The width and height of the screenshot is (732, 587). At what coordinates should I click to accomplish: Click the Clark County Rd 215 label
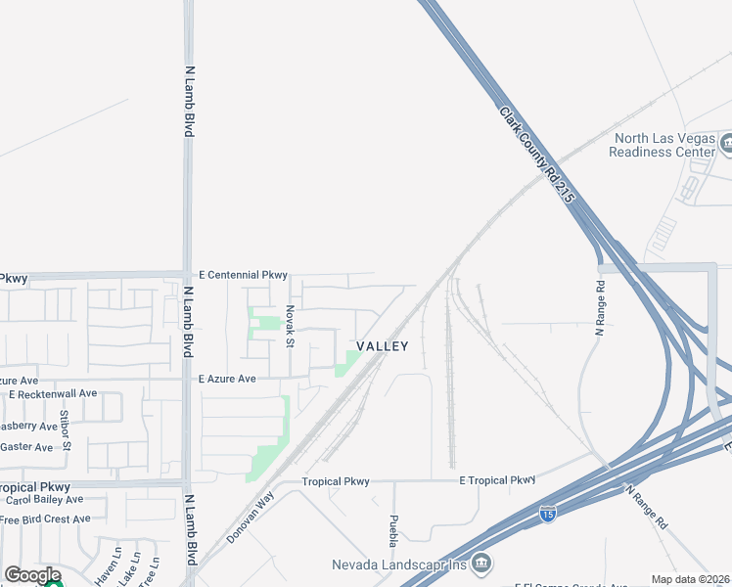pos(536,155)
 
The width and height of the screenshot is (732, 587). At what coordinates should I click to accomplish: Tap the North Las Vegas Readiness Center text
pos(662,146)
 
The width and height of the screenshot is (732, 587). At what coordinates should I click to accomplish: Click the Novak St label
pos(290,325)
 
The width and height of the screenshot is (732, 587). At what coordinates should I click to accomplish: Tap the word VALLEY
pos(382,346)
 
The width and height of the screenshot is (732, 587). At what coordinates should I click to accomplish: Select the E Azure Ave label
pos(227,379)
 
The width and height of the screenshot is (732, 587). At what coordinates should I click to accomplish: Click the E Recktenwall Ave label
pos(53,393)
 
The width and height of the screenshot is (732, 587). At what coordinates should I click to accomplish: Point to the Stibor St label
pos(66,429)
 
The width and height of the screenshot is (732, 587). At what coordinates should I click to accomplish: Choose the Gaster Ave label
pos(26,447)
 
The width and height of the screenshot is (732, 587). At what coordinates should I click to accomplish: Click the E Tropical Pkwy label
pos(498,480)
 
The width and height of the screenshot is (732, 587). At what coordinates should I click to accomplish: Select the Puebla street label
pos(393,531)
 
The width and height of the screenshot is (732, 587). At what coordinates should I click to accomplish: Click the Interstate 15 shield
pos(548,512)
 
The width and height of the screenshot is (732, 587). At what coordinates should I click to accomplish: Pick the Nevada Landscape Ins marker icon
pos(480,563)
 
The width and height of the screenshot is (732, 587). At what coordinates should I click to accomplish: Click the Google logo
pos(32,575)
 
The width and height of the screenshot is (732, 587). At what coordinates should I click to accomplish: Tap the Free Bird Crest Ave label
pos(47,519)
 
